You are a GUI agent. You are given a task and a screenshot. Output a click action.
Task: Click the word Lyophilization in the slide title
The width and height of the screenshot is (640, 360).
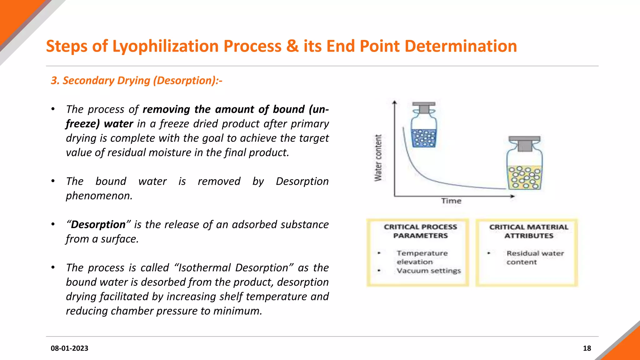pos(166,46)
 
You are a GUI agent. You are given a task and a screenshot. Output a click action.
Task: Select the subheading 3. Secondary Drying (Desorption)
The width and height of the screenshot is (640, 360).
pos(137,81)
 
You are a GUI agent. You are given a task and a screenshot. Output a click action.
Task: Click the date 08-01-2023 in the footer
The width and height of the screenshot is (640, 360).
pos(69,348)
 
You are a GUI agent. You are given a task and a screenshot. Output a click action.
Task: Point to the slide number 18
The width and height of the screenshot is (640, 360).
pos(587,348)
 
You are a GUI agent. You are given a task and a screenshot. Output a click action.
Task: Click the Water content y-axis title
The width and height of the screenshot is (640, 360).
pos(378,158)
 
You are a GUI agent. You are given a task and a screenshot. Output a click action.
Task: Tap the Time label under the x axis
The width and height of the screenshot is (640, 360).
pos(451,201)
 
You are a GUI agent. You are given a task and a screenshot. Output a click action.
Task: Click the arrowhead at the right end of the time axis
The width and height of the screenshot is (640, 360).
pos(512,196)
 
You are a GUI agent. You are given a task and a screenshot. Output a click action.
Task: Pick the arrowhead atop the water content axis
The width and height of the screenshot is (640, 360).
pos(395,102)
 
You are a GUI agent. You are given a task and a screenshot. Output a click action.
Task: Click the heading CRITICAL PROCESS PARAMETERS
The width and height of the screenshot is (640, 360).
pos(420,231)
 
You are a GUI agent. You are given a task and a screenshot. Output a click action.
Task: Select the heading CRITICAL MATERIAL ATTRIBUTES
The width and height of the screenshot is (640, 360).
pos(529,231)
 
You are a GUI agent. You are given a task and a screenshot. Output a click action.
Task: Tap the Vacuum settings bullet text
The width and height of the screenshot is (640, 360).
pos(429,271)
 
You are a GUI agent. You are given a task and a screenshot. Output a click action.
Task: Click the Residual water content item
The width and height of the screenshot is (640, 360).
pos(535,257)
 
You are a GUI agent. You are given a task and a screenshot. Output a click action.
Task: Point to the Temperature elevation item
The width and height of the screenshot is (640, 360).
pos(422,257)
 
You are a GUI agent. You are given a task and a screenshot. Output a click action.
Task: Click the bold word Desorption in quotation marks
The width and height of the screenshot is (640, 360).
pos(98,225)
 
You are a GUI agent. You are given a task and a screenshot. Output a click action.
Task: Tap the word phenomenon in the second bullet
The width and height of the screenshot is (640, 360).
pos(99,196)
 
